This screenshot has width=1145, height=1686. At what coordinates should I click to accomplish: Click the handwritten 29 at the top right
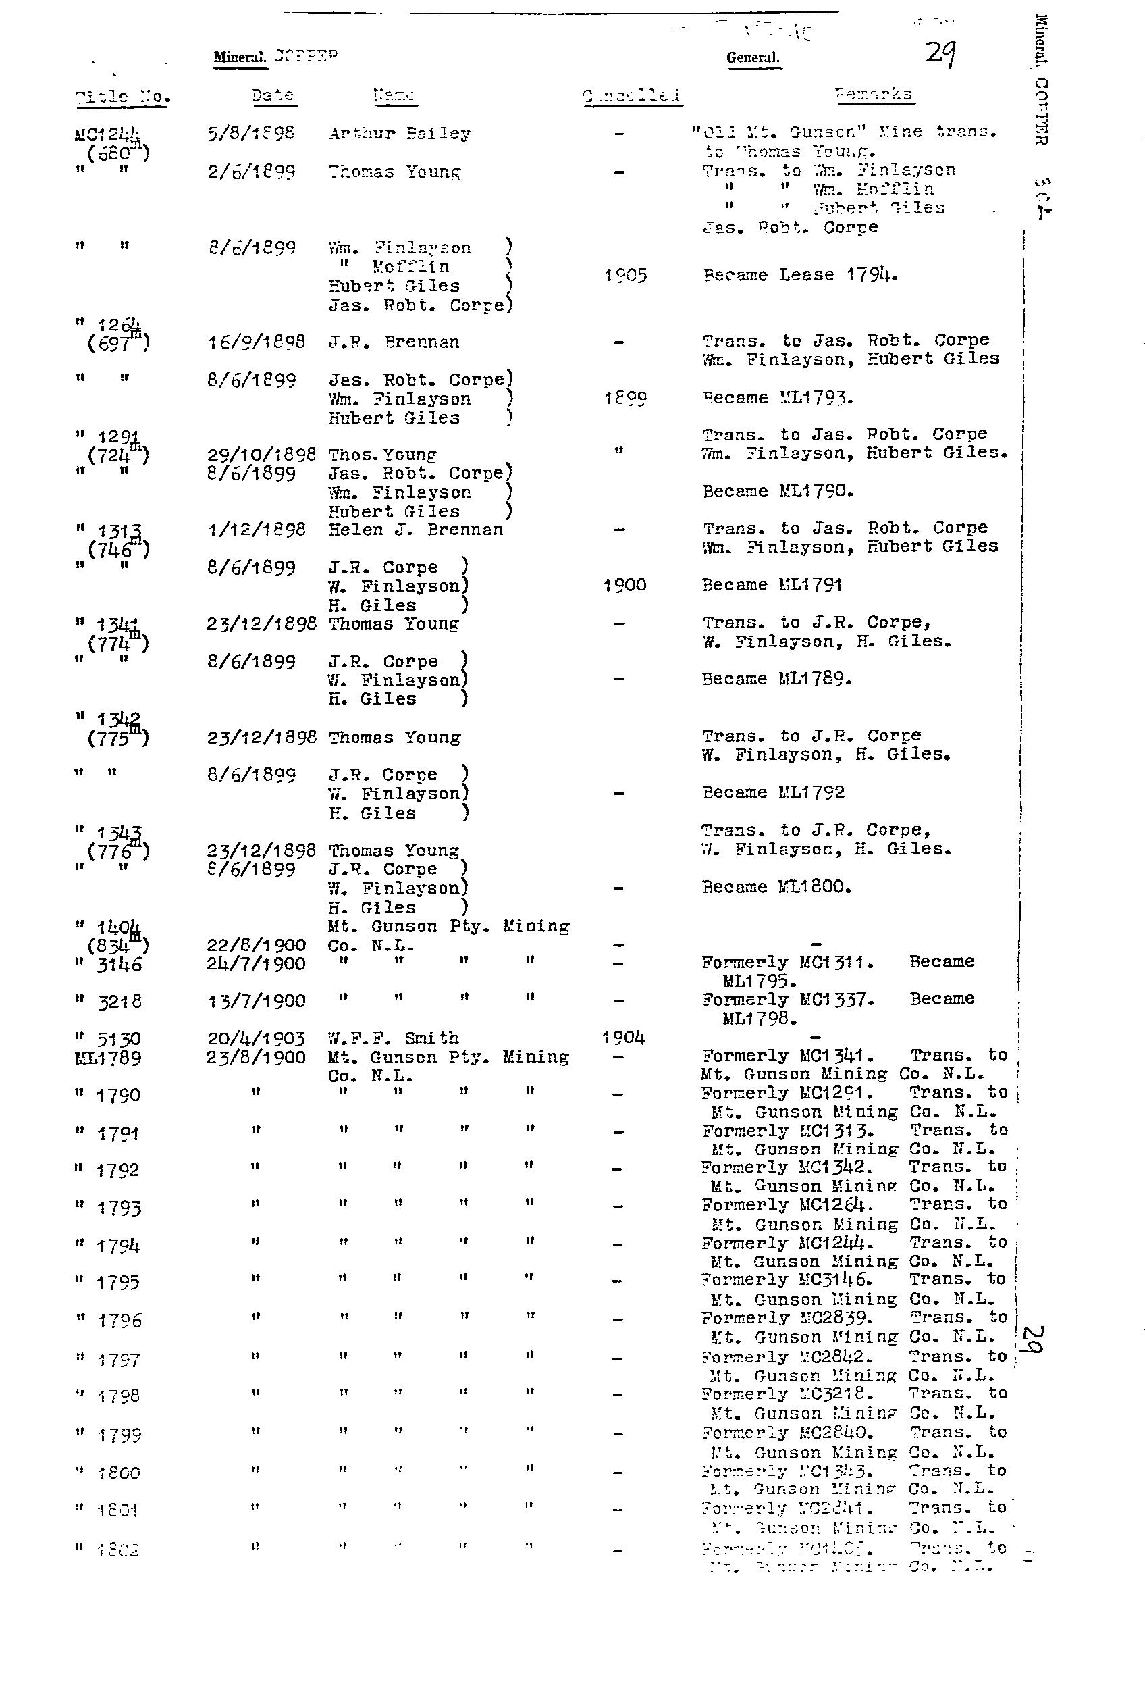(940, 53)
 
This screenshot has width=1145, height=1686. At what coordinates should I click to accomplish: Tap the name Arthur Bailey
(399, 134)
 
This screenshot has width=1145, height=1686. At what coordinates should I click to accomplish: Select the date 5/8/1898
(251, 134)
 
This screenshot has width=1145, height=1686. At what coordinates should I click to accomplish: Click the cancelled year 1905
(624, 276)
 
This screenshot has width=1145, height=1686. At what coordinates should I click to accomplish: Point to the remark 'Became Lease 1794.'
(800, 275)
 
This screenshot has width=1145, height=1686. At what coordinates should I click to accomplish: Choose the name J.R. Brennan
(393, 342)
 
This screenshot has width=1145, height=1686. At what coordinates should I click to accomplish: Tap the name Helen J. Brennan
(415, 530)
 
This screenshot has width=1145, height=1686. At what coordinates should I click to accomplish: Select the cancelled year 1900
(624, 586)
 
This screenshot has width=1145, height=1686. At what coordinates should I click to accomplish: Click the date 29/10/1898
(261, 455)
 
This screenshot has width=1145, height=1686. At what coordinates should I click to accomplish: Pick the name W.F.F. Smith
(393, 1038)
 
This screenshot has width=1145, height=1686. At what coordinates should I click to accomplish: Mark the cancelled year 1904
(624, 1038)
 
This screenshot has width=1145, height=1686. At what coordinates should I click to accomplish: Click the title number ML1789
(108, 1058)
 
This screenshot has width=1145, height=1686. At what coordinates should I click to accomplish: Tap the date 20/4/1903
(256, 1039)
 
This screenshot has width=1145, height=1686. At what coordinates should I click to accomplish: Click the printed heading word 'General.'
(753, 58)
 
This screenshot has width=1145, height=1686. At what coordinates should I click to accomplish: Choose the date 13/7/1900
(256, 1002)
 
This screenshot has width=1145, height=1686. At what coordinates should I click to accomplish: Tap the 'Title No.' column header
(122, 97)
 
